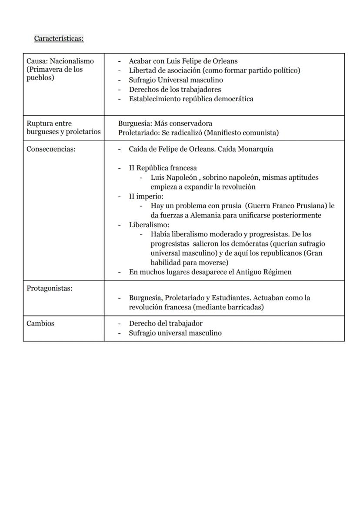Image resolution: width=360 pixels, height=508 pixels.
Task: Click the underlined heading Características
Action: pyautogui.click(x=59, y=39)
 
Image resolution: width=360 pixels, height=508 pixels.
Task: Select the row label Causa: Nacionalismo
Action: pyautogui.click(x=60, y=61)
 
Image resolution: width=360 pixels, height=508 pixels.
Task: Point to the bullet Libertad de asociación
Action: pyautogui.click(x=214, y=70)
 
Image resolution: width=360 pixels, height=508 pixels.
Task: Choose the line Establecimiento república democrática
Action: pyautogui.click(x=191, y=99)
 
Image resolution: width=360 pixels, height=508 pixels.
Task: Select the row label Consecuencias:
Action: pyautogui.click(x=51, y=149)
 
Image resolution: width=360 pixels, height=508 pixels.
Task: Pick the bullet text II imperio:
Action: pyautogui.click(x=146, y=196)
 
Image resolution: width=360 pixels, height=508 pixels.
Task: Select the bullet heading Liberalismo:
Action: pyautogui.click(x=149, y=225)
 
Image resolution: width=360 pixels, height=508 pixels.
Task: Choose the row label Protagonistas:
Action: pyautogui.click(x=49, y=289)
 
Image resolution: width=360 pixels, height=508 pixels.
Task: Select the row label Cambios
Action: pyautogui.click(x=40, y=324)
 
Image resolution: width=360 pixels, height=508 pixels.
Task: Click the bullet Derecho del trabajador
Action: pyautogui.click(x=166, y=324)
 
